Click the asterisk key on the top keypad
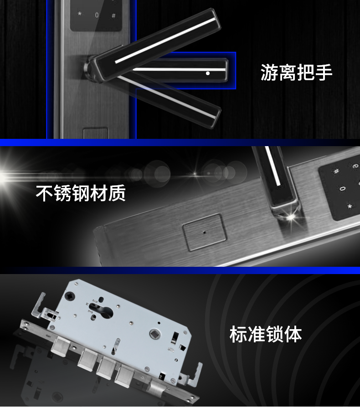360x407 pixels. pyautogui.click(x=80, y=13)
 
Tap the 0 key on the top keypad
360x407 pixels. pyautogui.click(x=97, y=15)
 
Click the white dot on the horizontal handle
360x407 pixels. pyautogui.click(x=207, y=73)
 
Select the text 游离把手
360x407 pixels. pyautogui.click(x=296, y=72)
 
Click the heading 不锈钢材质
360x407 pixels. pyautogui.click(x=81, y=193)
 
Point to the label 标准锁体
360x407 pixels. pyautogui.click(x=266, y=334)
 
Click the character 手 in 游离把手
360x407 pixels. pyautogui.click(x=324, y=72)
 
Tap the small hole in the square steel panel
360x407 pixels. pyautogui.click(x=204, y=232)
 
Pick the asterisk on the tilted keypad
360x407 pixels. pyautogui.click(x=350, y=206)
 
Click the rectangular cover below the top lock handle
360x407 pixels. pyautogui.click(x=96, y=133)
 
